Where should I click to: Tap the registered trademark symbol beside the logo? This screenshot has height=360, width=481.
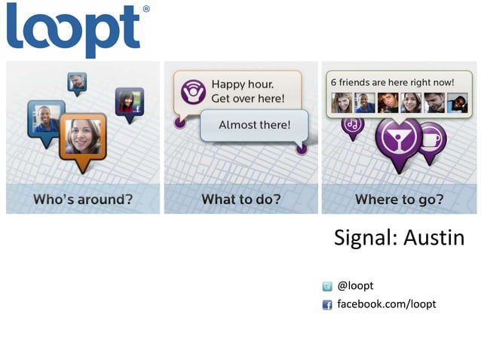tap(146, 10)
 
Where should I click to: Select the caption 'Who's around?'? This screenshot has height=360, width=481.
tap(82, 200)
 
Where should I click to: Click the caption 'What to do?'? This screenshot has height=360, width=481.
tap(240, 200)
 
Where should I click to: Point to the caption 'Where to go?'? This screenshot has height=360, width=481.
tap(400, 200)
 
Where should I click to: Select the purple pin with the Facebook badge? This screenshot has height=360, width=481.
tap(129, 102)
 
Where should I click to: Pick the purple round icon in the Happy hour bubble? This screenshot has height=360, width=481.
tap(193, 91)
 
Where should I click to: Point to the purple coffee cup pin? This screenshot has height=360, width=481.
tap(432, 139)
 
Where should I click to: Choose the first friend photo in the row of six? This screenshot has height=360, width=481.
tap(342, 102)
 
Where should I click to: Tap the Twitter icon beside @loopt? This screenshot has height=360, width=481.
tap(327, 286)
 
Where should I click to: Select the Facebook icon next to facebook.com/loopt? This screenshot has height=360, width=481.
tap(327, 305)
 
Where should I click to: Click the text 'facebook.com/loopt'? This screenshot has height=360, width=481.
tap(386, 304)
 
